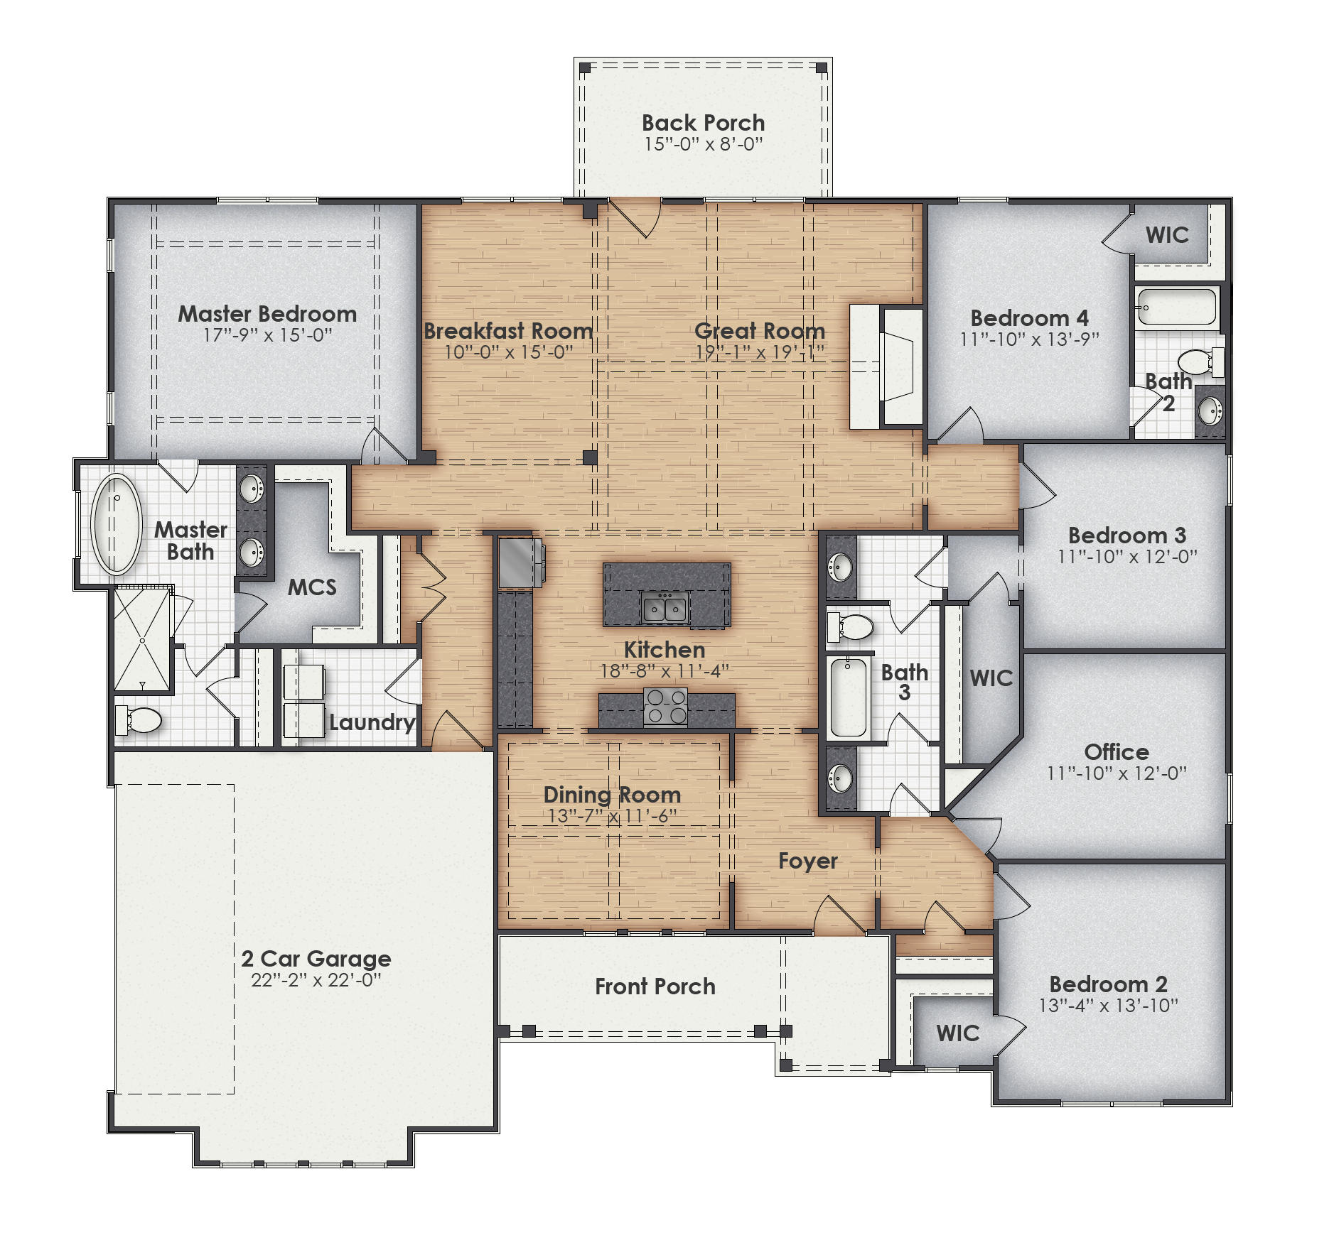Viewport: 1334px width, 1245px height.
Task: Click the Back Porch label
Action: pos(703,123)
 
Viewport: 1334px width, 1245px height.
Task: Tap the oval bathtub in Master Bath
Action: pos(116,524)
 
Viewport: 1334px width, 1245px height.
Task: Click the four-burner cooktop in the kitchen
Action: pos(665,706)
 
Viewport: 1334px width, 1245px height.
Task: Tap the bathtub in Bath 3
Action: pos(848,697)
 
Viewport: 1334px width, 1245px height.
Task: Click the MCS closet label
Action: pos(312,587)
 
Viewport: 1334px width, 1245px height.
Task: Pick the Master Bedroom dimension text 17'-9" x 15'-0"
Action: pos(267,335)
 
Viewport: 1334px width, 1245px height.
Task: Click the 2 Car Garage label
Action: pos(316,958)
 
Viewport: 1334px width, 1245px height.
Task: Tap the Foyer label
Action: pos(807,861)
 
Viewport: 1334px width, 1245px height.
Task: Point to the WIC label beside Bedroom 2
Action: pos(957,1033)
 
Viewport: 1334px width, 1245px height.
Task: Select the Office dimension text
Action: pos(1117,773)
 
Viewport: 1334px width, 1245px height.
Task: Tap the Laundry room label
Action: pos(372,722)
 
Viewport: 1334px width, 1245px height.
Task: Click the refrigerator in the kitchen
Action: pos(519,562)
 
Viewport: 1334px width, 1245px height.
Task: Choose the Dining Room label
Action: pos(612,795)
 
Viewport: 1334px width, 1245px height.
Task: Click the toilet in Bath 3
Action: pos(851,627)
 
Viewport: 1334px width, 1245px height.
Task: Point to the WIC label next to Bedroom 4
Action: pos(1167,235)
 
